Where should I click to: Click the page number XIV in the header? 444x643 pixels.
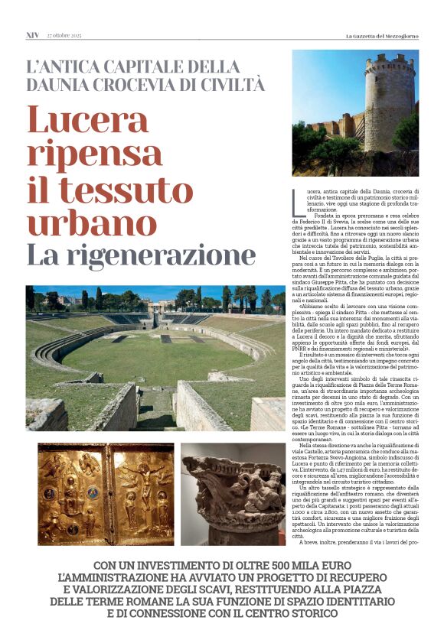click(x=32, y=35)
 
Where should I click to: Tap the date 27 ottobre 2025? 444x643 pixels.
click(x=64, y=35)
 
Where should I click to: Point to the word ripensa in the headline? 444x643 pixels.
click(x=83, y=154)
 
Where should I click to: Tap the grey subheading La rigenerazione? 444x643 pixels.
click(x=141, y=255)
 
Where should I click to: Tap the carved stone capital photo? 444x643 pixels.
click(x=232, y=492)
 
